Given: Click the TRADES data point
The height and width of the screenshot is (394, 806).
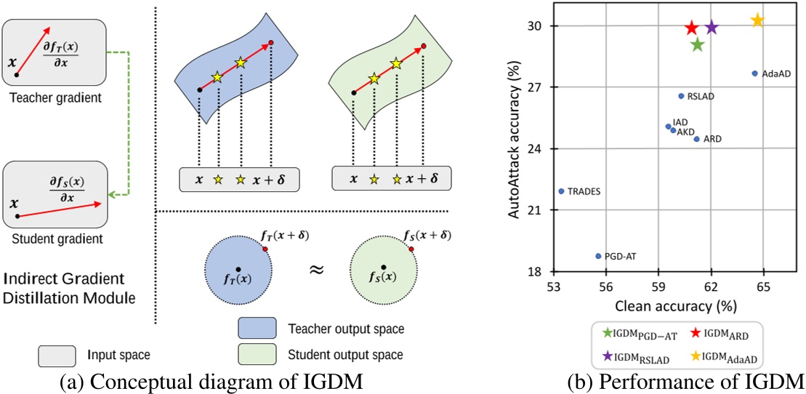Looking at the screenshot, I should click(562, 191).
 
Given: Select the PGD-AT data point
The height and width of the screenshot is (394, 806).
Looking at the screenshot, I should click(598, 256).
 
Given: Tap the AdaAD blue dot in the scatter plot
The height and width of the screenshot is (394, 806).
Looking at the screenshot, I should click(754, 73).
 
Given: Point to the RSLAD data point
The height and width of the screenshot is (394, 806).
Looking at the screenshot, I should click(681, 95).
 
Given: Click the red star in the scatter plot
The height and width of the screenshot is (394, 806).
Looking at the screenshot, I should click(691, 28).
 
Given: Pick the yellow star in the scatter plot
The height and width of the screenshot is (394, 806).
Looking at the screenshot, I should click(757, 20).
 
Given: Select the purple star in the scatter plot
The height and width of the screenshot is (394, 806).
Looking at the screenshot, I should click(712, 28).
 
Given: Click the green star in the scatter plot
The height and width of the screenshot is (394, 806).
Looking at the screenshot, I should click(698, 44).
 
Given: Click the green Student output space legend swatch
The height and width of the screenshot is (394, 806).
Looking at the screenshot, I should click(256, 355).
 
